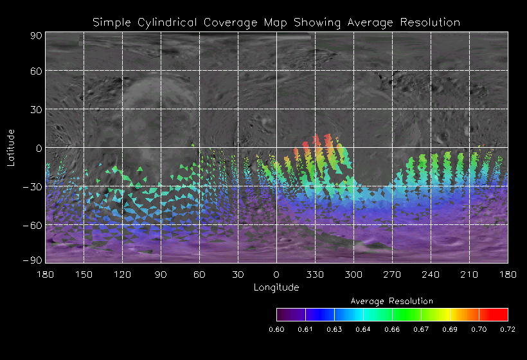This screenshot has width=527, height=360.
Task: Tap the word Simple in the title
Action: coord(113,22)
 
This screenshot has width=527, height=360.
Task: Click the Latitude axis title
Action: coord(11,147)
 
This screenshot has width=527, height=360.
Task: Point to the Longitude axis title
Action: coord(276,287)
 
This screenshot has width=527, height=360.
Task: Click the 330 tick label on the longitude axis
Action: coord(315,274)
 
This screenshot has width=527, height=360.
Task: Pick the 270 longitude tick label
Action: coord(392,274)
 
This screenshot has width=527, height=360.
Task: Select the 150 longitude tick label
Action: coord(84,274)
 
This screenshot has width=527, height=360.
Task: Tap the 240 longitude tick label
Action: coord(431,274)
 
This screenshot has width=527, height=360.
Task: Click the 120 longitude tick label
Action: coord(122,274)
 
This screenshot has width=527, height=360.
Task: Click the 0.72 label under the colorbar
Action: coord(508,329)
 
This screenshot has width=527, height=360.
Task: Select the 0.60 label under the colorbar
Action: coord(276,329)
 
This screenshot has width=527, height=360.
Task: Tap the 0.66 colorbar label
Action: coord(392,329)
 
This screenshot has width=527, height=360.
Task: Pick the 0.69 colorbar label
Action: coord(450,329)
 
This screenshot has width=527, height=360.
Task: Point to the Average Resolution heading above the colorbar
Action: coord(392,301)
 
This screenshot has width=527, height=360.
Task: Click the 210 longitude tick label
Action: coord(469,274)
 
